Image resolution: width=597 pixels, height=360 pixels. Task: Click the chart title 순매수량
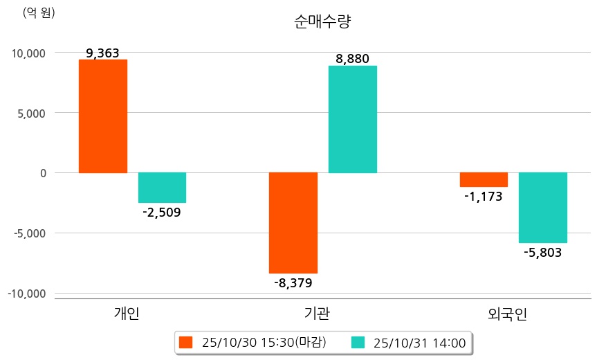[x=322, y=21]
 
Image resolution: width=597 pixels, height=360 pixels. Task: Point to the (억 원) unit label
[x=39, y=12]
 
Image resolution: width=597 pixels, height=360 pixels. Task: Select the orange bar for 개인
[x=102, y=116]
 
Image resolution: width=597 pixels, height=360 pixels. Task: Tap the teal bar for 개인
[x=162, y=187]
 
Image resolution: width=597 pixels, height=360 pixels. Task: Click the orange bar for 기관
[x=293, y=222]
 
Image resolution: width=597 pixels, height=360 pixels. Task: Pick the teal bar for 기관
[x=353, y=119]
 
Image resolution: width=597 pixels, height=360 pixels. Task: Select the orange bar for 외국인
[x=484, y=179]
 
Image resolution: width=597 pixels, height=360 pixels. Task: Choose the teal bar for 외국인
[x=543, y=207]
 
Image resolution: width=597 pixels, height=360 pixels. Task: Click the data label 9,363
[x=103, y=53]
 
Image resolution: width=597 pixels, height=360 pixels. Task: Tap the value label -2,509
[x=162, y=212]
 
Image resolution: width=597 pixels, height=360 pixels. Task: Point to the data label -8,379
[x=293, y=282]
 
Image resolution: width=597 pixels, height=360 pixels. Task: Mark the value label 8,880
[x=353, y=59]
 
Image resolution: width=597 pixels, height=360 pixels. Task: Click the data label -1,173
[x=484, y=197]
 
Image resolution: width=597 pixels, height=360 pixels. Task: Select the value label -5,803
[x=543, y=253]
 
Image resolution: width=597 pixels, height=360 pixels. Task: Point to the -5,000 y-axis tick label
[x=28, y=233]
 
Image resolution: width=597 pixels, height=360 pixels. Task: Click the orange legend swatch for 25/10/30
[x=185, y=342]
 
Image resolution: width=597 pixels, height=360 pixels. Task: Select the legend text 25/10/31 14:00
[x=419, y=342]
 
